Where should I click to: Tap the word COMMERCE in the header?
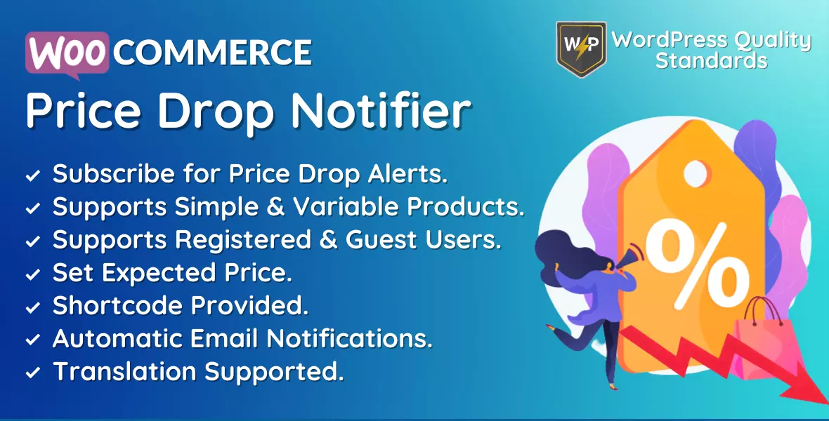click(x=213, y=53)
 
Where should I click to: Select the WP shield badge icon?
click(x=581, y=49)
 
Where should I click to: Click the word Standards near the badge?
click(x=711, y=60)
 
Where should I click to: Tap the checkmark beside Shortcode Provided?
click(x=33, y=307)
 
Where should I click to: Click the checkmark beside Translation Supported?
click(x=33, y=373)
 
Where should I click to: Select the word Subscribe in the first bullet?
click(x=114, y=174)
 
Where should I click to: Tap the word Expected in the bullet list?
click(x=159, y=274)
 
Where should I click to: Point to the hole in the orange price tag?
click(x=696, y=173)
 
